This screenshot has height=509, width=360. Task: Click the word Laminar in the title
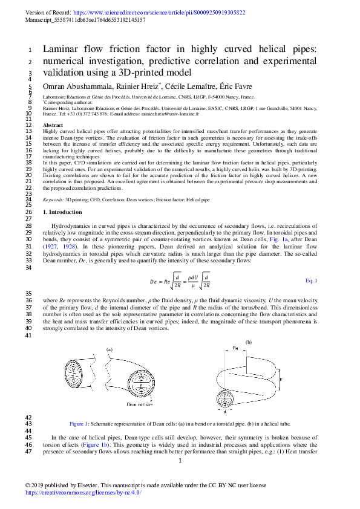click(61, 50)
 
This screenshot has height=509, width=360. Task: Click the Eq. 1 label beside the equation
click(311, 281)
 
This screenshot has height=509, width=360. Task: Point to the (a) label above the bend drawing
click(110, 349)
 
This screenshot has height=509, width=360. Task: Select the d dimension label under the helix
click(225, 412)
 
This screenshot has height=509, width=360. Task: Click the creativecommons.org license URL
click(83, 493)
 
